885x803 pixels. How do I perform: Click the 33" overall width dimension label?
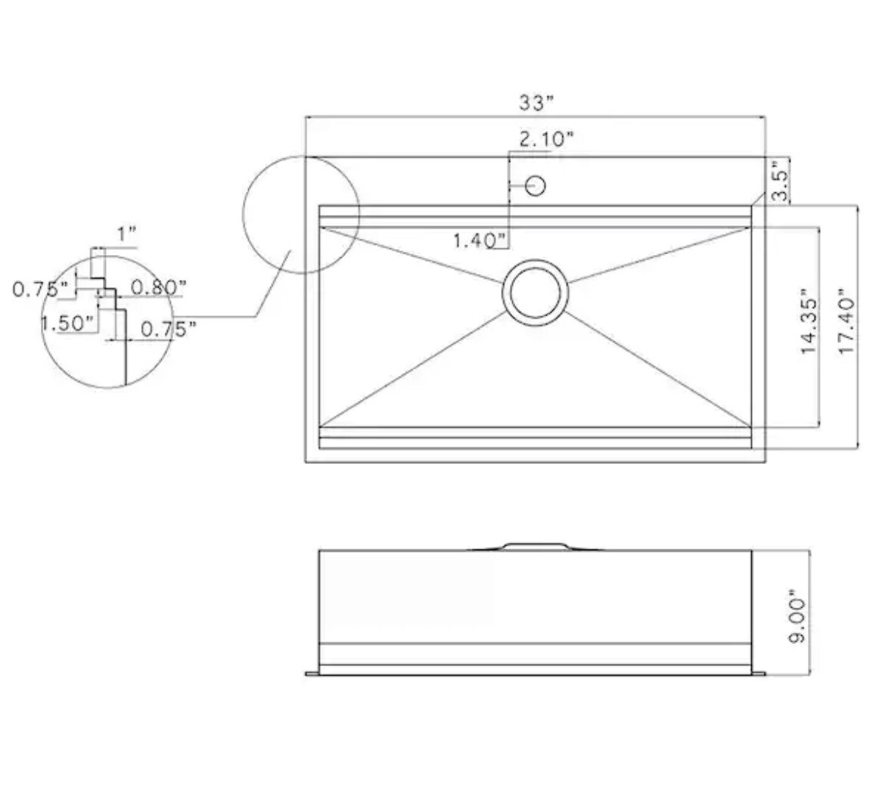point(536,103)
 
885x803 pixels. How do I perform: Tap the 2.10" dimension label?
point(546,139)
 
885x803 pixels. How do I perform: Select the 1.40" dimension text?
point(480,241)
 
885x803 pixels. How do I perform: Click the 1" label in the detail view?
point(126,234)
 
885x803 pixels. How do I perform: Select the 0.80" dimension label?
point(157,288)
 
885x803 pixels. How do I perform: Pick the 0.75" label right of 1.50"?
point(169,328)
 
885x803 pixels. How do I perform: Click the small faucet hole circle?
point(536,185)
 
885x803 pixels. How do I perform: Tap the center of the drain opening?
point(536,292)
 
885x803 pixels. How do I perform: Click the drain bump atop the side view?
point(535,546)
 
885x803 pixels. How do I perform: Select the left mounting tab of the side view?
point(312,673)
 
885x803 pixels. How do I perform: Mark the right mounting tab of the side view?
point(759,673)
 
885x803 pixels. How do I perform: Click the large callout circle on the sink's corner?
point(300,213)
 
